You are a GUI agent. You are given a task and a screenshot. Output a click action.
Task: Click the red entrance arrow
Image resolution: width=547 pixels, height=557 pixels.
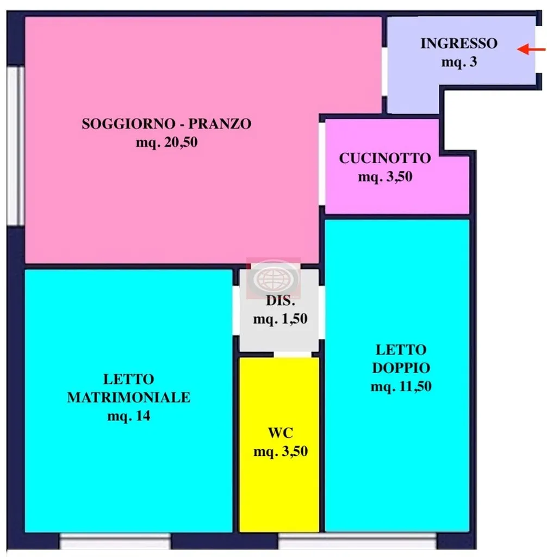531,49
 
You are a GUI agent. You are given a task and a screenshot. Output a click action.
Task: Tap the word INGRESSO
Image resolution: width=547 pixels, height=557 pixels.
459,44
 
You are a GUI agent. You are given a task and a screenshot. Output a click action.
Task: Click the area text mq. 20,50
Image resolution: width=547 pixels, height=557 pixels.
166,143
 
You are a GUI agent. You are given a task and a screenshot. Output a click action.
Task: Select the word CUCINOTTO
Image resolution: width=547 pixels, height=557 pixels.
385,158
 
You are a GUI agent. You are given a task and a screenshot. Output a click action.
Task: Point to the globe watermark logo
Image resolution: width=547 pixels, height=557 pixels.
273,278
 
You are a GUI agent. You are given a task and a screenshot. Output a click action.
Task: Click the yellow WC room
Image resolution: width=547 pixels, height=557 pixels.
279,444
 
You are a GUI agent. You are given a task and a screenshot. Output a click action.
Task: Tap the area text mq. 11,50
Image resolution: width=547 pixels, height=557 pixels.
401,386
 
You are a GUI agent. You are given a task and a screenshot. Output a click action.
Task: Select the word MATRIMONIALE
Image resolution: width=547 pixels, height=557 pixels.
128,397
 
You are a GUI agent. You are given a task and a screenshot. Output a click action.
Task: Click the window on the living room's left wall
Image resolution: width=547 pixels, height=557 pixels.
15,146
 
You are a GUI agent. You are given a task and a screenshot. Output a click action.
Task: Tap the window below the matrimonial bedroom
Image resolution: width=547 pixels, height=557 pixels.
115,541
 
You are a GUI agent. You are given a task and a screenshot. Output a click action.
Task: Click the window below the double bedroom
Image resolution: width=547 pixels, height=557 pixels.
357,541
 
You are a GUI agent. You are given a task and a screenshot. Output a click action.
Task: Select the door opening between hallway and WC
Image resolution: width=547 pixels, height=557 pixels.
293,355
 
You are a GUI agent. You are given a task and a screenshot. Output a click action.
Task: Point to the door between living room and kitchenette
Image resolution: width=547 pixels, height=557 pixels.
322,164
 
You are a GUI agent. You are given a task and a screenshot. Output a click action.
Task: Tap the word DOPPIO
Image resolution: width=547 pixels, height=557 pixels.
401,368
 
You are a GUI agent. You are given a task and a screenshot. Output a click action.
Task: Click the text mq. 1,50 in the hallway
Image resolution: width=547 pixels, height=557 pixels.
280,319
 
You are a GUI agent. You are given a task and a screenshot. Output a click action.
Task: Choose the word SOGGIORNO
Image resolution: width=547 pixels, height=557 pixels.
128,123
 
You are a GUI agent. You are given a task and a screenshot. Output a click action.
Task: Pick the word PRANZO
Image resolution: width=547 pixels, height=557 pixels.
220,123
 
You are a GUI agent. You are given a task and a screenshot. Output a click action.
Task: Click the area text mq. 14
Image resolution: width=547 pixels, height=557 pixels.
128,416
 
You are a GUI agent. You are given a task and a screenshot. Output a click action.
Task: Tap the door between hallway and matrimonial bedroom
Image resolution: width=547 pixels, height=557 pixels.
236,310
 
